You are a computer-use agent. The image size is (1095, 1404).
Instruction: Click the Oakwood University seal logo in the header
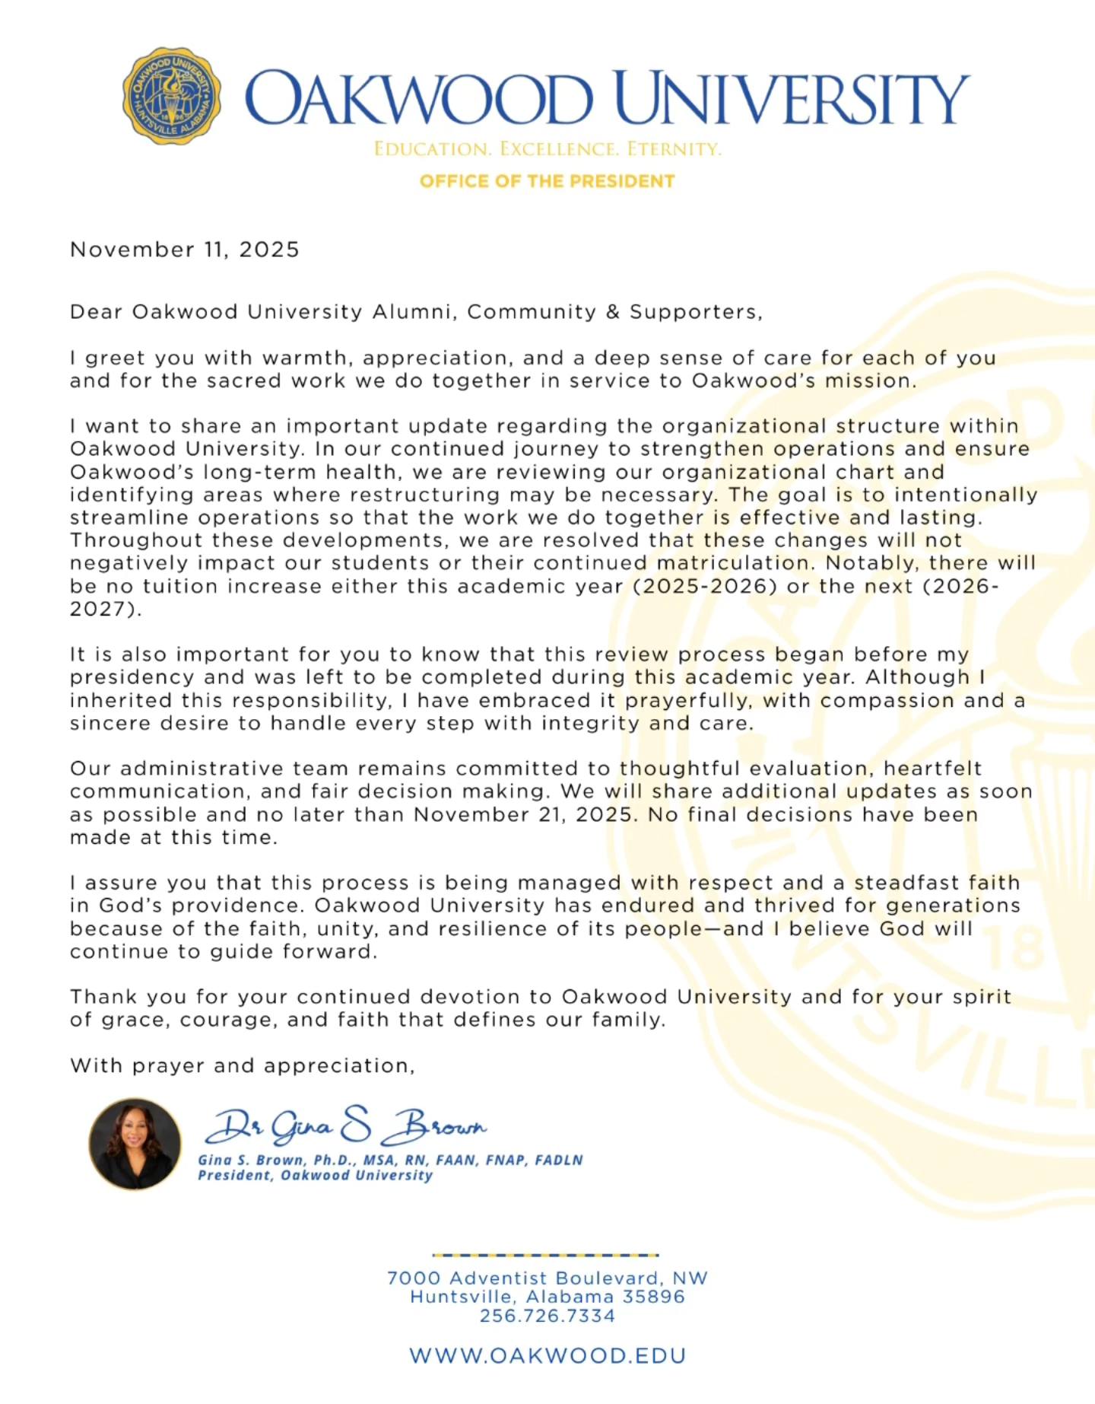[172, 97]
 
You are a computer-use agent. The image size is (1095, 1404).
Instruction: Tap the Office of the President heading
[547, 181]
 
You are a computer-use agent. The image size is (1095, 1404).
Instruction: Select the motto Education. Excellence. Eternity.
[547, 149]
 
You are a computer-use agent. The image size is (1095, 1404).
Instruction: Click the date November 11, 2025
[185, 250]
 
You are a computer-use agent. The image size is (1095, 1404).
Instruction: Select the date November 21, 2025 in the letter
[523, 815]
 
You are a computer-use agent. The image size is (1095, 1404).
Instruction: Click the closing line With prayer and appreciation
[243, 1066]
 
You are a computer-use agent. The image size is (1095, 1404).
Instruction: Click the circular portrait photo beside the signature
[135, 1144]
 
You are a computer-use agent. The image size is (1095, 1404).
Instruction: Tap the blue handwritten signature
[346, 1126]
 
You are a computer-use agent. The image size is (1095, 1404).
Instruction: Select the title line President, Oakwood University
[315, 1176]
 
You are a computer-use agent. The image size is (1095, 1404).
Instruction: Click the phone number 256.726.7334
[547, 1316]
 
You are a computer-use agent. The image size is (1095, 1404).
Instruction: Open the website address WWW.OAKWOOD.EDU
[547, 1356]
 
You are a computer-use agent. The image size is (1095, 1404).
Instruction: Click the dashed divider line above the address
[545, 1255]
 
